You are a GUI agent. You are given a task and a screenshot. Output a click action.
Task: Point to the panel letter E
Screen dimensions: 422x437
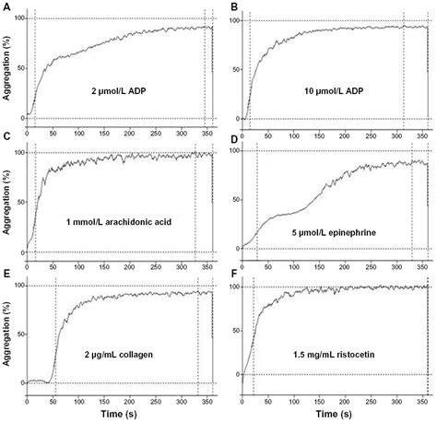pos(6,274)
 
